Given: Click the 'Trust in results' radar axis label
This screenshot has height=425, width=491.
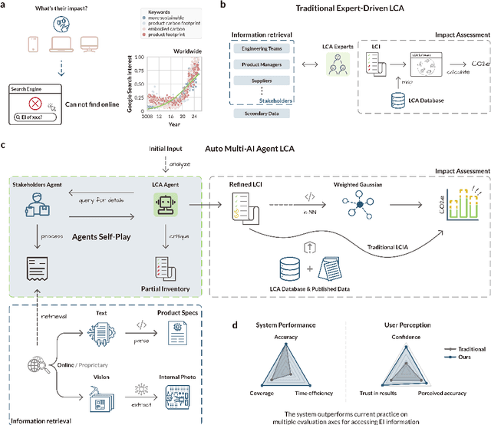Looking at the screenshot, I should coord(371,393).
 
